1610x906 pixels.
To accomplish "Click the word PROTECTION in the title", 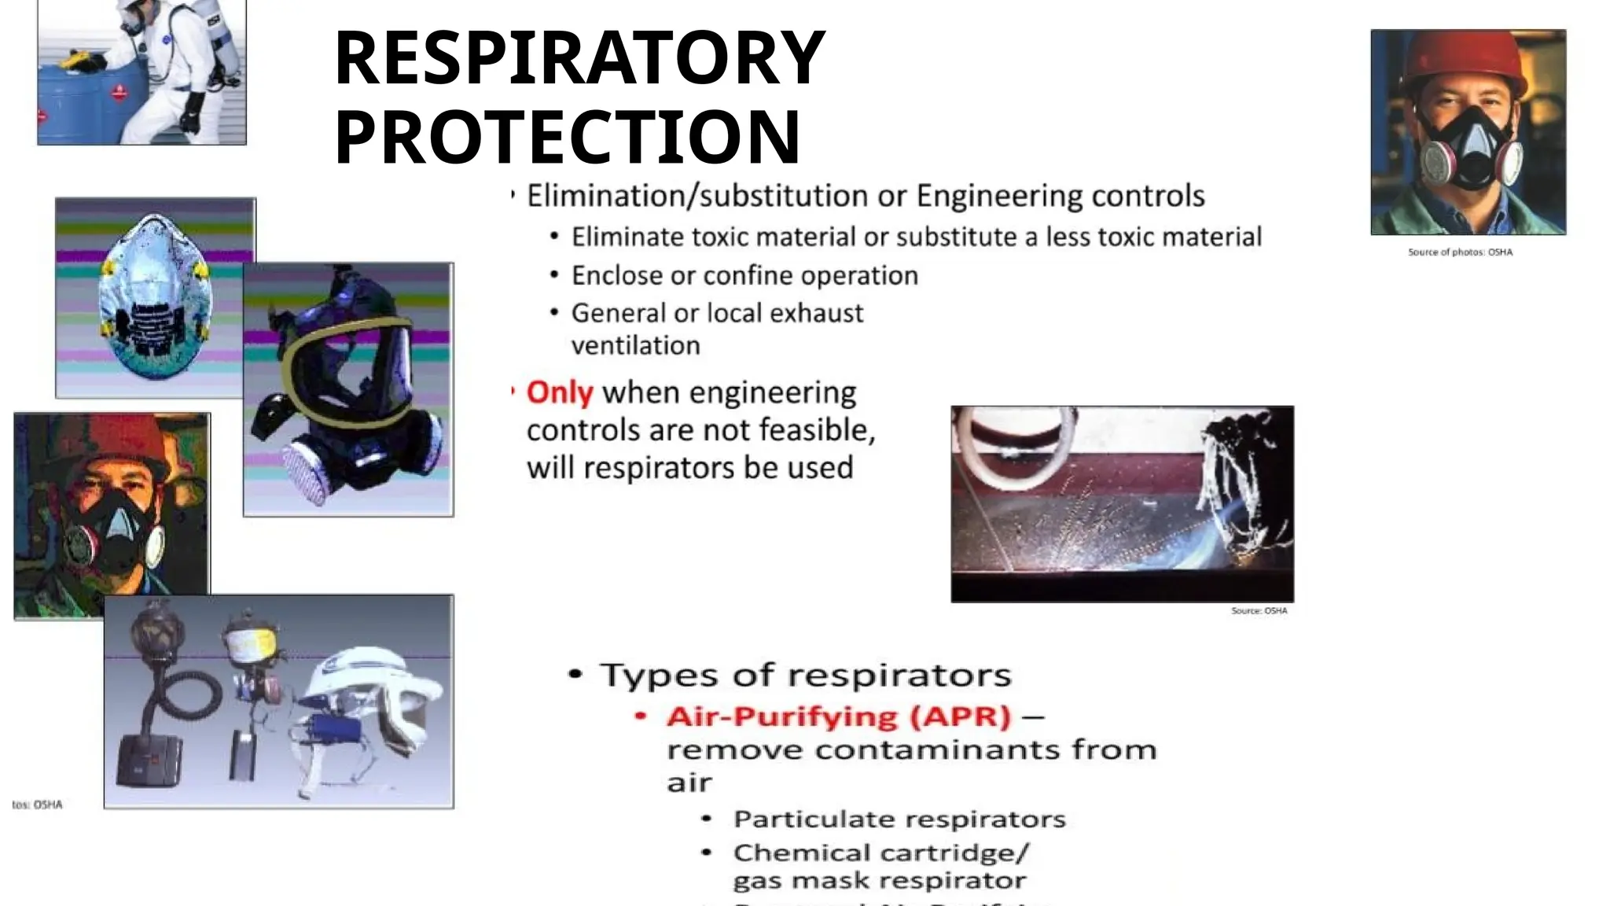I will [567, 138].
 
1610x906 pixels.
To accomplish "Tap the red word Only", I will [559, 392].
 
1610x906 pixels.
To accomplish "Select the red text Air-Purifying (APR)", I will [838, 716].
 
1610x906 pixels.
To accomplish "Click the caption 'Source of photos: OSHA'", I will [1460, 252].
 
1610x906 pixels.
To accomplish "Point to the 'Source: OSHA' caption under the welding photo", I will [1259, 611].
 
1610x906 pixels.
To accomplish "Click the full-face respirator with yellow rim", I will [348, 377].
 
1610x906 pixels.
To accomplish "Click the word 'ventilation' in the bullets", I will [635, 346].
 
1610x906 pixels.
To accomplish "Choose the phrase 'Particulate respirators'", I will [899, 819].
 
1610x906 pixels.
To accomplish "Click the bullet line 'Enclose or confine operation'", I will [744, 276].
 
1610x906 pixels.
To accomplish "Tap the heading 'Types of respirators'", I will [805, 676].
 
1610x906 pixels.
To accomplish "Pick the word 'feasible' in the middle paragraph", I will [821, 430].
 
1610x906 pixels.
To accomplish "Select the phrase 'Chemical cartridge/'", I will [880, 853].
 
